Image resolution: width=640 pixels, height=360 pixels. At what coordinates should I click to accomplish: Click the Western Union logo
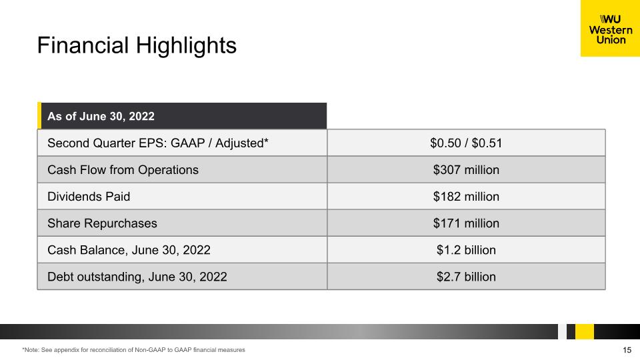tap(610, 28)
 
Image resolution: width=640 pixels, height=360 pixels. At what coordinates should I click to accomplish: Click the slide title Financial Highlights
tap(137, 45)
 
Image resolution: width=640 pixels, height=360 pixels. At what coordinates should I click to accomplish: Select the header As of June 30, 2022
tap(101, 116)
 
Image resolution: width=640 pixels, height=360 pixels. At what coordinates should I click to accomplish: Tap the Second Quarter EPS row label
tap(158, 143)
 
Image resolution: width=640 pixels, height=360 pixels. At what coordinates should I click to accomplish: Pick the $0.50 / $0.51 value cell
tap(466, 143)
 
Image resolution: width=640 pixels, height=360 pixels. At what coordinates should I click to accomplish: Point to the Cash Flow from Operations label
tap(123, 170)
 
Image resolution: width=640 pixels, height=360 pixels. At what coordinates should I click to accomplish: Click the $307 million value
tap(466, 170)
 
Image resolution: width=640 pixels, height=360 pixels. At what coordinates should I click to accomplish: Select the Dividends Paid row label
tap(89, 197)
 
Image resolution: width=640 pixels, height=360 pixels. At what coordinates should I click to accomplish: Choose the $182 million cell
tap(466, 197)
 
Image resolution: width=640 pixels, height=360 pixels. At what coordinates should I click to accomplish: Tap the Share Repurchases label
tap(102, 223)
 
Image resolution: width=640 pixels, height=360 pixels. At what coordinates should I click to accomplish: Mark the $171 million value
tap(466, 223)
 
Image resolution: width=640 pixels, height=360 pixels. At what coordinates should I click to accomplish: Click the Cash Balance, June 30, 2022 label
tap(129, 250)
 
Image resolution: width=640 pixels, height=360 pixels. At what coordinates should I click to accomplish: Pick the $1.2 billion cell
tap(466, 250)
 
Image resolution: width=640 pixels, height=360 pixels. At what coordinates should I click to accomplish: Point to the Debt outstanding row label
tap(137, 277)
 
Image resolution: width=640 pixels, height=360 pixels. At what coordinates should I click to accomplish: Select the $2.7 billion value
tap(466, 277)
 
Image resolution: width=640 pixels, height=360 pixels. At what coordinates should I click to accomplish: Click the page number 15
tap(627, 350)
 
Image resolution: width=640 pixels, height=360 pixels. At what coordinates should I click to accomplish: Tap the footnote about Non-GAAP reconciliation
tap(133, 350)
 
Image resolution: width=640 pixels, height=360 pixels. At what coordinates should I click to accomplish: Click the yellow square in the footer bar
tap(585, 331)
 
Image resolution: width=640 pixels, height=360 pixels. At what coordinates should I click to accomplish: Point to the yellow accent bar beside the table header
tap(39, 115)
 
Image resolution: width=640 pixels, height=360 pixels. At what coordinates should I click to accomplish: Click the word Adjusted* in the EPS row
tap(241, 143)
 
